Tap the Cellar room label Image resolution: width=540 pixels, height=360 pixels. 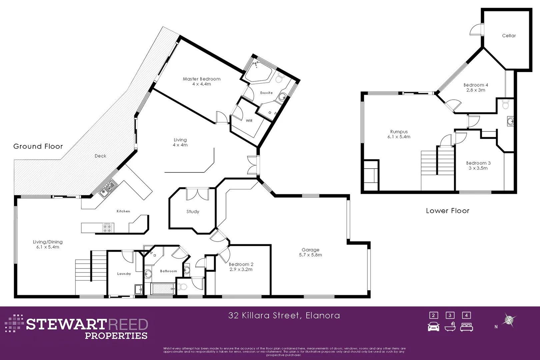[509, 36]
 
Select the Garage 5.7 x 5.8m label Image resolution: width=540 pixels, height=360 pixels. [310, 252]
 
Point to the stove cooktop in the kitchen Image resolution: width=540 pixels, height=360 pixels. [107, 228]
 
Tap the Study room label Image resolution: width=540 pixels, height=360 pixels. [193, 212]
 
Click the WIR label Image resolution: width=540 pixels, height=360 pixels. [249, 121]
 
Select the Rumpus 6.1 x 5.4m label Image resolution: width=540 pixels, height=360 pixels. [399, 134]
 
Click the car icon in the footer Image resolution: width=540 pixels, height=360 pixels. [433, 327]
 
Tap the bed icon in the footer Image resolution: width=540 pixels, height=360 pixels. [466, 327]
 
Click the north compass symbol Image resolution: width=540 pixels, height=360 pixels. [509, 320]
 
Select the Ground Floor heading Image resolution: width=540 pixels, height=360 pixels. [38, 146]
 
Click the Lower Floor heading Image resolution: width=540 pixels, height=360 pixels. [447, 211]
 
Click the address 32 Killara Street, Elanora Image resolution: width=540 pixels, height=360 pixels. [284, 315]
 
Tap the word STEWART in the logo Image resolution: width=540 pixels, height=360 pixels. [66, 324]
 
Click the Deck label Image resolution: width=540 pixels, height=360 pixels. [100, 156]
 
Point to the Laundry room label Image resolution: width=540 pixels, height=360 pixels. [124, 274]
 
